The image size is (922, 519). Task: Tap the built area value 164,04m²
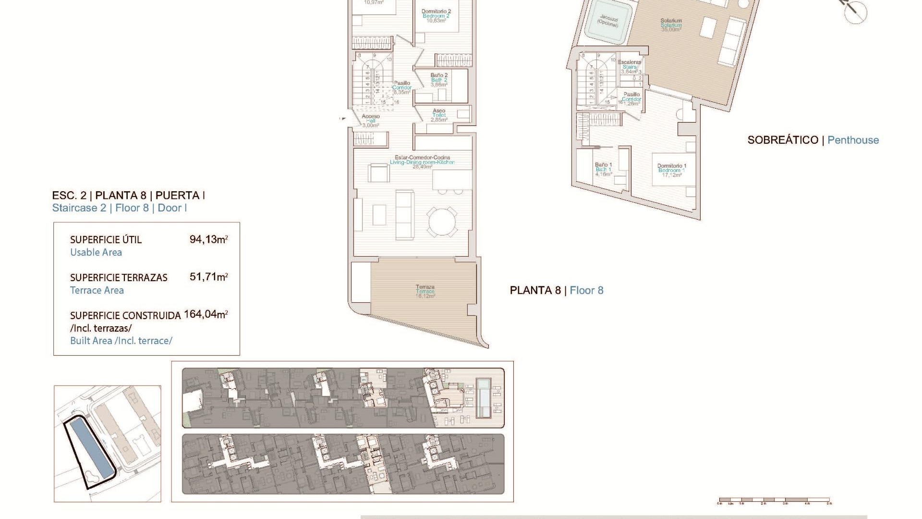click(x=206, y=314)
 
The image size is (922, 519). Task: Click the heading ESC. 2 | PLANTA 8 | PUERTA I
click(x=129, y=196)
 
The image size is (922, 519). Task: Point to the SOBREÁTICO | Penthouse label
click(x=813, y=140)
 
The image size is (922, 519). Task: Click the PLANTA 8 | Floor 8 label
click(x=557, y=290)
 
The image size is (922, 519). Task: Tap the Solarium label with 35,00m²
click(x=671, y=25)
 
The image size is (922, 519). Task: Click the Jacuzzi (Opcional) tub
click(x=608, y=22)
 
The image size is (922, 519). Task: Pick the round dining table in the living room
click(x=442, y=222)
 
